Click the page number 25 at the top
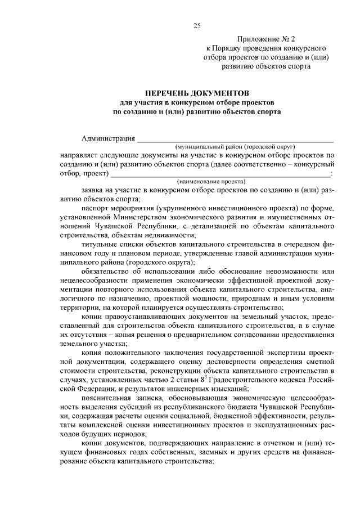[197, 25]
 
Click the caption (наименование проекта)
[211, 182]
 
